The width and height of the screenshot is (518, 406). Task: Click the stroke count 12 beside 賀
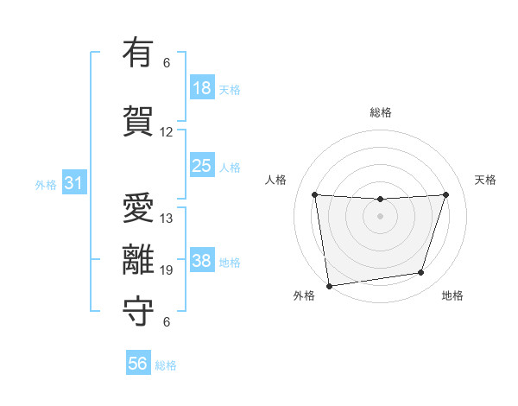(167, 132)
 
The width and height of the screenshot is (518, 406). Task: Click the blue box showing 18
(202, 88)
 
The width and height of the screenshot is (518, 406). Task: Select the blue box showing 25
(202, 166)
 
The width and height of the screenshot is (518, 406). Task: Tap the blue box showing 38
(202, 261)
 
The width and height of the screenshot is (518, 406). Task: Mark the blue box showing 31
(73, 183)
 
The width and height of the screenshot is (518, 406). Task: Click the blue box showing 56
(137, 364)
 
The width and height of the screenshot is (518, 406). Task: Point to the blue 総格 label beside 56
(166, 365)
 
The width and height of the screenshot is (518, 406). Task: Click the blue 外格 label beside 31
(46, 185)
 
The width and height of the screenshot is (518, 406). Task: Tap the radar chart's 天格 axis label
(485, 180)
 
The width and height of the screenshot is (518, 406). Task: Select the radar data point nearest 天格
(446, 194)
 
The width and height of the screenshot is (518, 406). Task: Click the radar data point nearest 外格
(329, 285)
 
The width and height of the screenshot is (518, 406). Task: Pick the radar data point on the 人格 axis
(314, 194)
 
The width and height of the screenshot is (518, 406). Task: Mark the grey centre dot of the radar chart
(380, 216)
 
